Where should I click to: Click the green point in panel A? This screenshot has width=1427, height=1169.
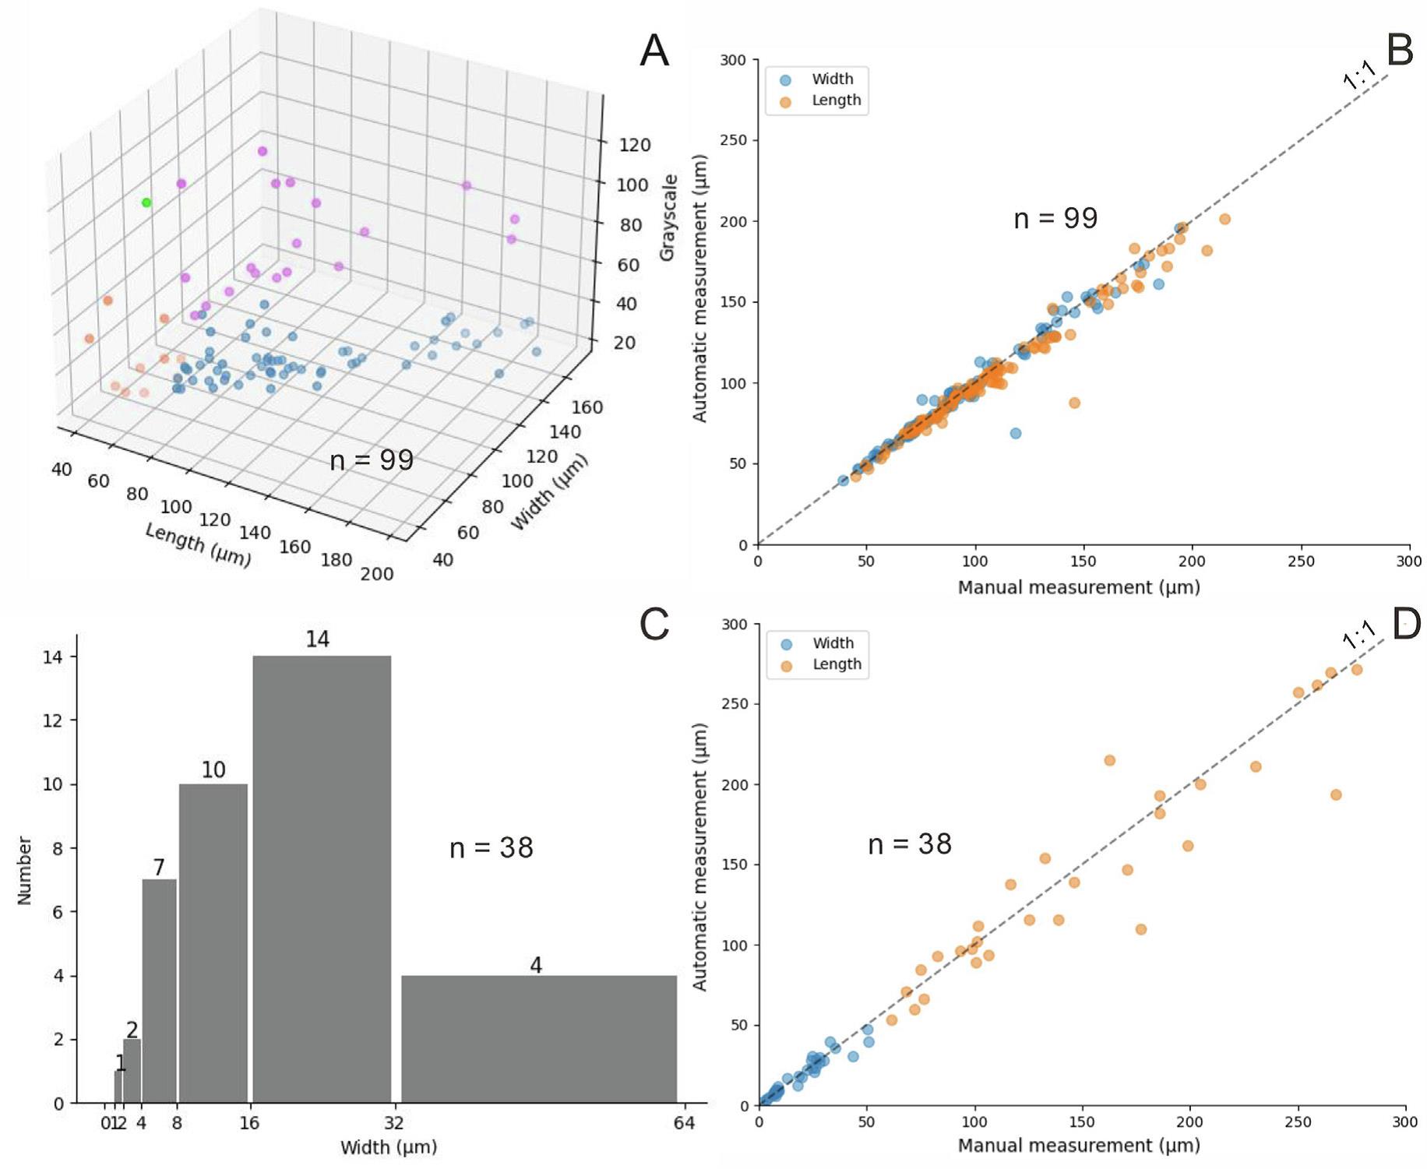coord(146,202)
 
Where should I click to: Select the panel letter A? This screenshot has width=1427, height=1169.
coord(654,51)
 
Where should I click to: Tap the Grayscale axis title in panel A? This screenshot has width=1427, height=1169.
coord(668,218)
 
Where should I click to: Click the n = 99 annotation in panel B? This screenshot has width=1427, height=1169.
coord(1055,219)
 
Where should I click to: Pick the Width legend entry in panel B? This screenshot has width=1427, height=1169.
coord(832,79)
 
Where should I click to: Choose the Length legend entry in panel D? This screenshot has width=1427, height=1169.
coord(837,664)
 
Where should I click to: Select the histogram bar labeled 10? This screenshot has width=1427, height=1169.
coord(213,942)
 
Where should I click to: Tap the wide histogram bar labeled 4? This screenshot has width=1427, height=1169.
coord(539,1039)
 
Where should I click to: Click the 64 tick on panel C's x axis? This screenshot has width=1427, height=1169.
coord(684,1123)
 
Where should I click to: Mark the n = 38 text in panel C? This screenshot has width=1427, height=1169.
coord(492,848)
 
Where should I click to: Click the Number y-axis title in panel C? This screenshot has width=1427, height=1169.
coord(24,871)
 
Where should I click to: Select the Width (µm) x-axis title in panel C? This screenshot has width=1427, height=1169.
coord(389,1147)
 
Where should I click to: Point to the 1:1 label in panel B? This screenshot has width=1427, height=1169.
coord(1359,76)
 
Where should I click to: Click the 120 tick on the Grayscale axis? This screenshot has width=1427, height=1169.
coord(635,145)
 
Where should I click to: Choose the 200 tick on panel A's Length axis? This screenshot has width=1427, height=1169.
coord(377,574)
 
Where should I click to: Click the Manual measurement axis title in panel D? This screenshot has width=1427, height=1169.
coord(1078,1146)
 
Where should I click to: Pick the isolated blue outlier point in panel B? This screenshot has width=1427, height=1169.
coord(1016,433)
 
